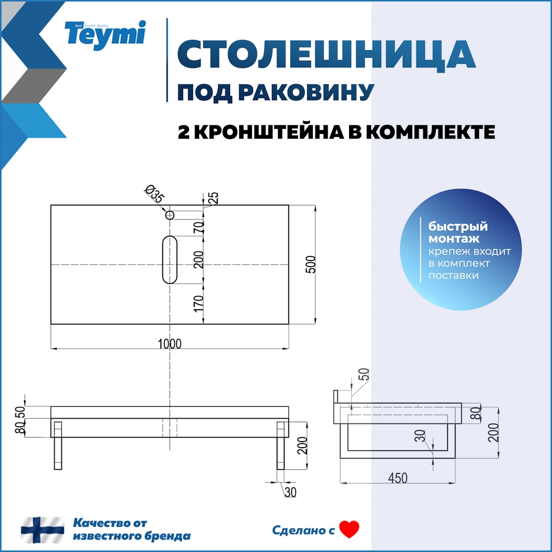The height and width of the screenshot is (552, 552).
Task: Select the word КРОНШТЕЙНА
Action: click(270, 132)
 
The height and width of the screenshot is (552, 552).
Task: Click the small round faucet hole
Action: click(170, 215)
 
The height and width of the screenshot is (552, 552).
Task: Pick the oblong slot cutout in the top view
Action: click(170, 260)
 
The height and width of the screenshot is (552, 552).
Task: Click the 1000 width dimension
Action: click(169, 343)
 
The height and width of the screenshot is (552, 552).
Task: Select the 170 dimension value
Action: click(199, 304)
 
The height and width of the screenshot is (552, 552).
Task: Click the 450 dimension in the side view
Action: click(398, 478)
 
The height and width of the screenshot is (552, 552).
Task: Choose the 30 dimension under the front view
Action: click(291, 492)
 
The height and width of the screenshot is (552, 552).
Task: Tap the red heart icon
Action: click(350, 530)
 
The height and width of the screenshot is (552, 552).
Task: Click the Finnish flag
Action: click(42, 530)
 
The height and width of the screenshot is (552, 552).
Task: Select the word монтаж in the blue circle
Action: click(446, 239)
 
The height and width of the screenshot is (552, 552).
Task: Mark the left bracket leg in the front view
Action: click(58, 445)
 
